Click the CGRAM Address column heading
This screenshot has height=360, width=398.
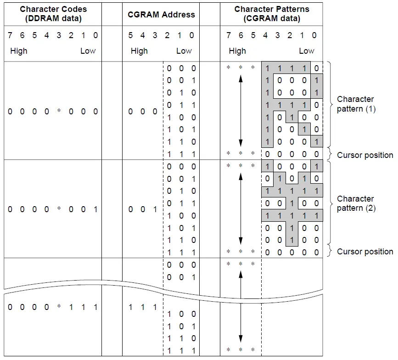pyautogui.click(x=161, y=14)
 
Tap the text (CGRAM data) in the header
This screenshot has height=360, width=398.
pyautogui.click(x=271, y=18)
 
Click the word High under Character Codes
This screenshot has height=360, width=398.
pyautogui.click(x=18, y=51)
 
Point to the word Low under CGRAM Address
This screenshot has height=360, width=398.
pyautogui.click(x=184, y=51)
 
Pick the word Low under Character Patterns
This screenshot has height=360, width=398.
pyautogui.click(x=306, y=51)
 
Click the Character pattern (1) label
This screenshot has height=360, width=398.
pyautogui.click(x=356, y=104)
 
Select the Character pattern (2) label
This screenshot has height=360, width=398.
pyautogui.click(x=356, y=203)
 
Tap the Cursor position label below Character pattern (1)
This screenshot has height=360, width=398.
pyautogui.click(x=365, y=155)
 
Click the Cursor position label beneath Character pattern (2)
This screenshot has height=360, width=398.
pyautogui.click(x=365, y=252)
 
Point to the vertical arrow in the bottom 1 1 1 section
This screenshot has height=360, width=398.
pyautogui.click(x=241, y=308)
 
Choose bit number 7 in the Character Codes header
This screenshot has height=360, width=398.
pyautogui.click(x=10, y=35)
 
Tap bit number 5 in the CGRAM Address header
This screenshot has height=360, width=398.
pyautogui.click(x=130, y=35)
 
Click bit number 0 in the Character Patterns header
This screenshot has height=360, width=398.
pyautogui.click(x=314, y=35)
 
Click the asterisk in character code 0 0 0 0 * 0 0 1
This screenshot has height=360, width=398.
pyautogui.click(x=58, y=209)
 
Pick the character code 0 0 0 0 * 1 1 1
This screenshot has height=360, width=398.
pyautogui.click(x=52, y=307)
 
